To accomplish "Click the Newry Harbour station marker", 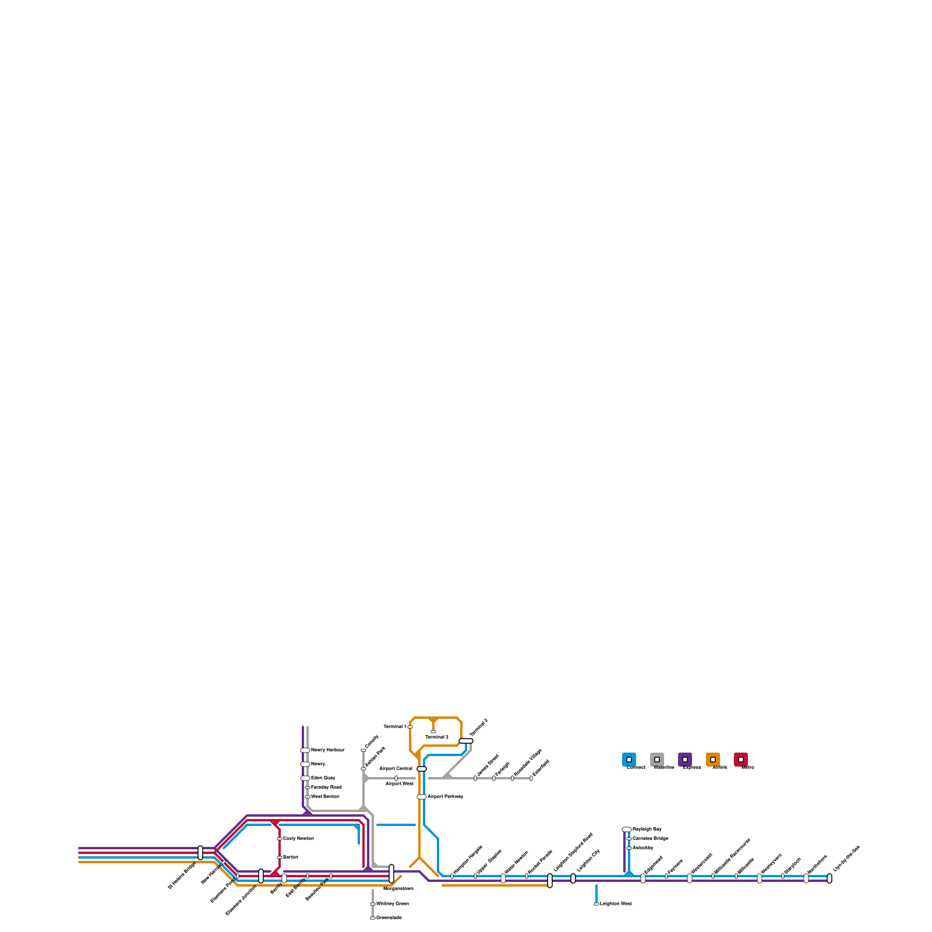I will tap(305, 750).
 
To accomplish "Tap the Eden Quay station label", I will tap(323, 778).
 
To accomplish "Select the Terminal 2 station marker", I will tap(466, 741).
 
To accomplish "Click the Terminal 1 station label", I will tap(394, 727).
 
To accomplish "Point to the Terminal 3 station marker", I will tap(433, 732).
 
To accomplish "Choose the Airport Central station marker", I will tap(422, 769).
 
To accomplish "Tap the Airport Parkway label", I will tap(446, 797).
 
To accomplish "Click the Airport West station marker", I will tap(396, 778).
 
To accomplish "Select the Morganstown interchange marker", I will tap(391, 874).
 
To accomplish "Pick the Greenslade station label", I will tap(389, 918).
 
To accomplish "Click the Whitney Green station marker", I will tap(373, 904).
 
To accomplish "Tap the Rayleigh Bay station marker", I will tap(627, 829).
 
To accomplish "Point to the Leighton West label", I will tap(616, 904).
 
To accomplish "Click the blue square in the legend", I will tap(629, 760).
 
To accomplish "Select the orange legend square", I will tap(713, 760).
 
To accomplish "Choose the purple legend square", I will tap(685, 760).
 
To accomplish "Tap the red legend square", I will tap(741, 760).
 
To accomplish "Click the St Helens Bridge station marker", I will tap(200, 853).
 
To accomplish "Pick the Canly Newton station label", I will tap(298, 839).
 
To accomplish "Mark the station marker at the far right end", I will tap(829, 878).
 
